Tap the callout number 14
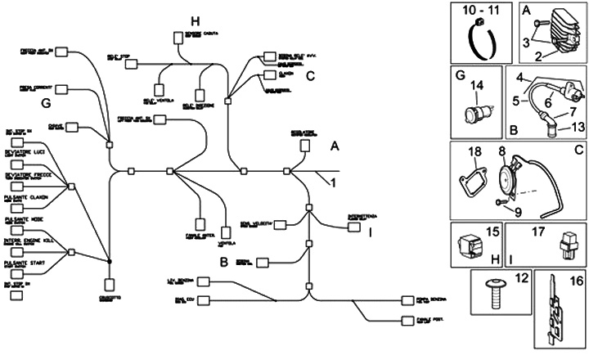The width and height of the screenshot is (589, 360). (x=477, y=85)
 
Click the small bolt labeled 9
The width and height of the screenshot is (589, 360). (x=501, y=200)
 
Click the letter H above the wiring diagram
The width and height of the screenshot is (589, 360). (x=194, y=20)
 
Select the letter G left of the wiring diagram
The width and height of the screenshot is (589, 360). (x=45, y=103)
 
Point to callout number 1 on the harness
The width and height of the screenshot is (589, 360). (x=333, y=183)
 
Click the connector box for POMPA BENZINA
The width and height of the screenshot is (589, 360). (x=409, y=301)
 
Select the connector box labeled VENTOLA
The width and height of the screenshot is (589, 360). (x=227, y=232)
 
